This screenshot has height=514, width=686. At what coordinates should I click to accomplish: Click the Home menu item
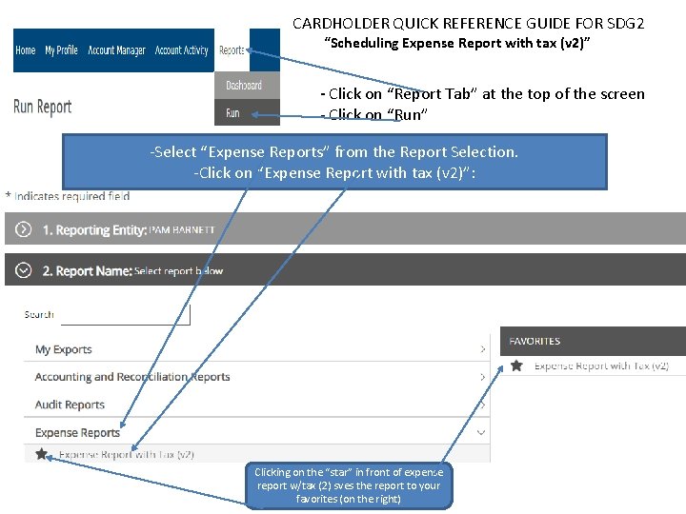(26, 50)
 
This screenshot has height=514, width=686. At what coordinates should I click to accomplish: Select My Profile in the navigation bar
(61, 50)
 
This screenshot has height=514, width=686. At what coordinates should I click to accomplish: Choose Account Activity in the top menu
(181, 50)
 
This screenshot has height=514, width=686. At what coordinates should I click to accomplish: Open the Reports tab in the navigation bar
(232, 50)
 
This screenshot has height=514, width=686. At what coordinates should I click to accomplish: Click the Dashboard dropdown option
(244, 86)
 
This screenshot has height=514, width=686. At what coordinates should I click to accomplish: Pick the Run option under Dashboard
(233, 113)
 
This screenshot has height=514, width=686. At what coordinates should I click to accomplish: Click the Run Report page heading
(43, 107)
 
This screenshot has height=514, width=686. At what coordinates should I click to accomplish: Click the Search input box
(125, 314)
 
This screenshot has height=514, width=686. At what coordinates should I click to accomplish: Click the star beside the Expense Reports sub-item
(41, 454)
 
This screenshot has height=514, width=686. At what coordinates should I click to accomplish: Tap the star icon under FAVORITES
(516, 366)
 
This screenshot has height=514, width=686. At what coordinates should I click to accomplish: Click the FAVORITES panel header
(592, 341)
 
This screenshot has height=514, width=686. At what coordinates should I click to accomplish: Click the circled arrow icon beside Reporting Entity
(24, 229)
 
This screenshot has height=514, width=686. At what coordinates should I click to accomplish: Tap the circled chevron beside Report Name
(24, 270)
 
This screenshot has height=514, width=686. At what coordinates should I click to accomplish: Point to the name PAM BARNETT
(182, 230)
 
